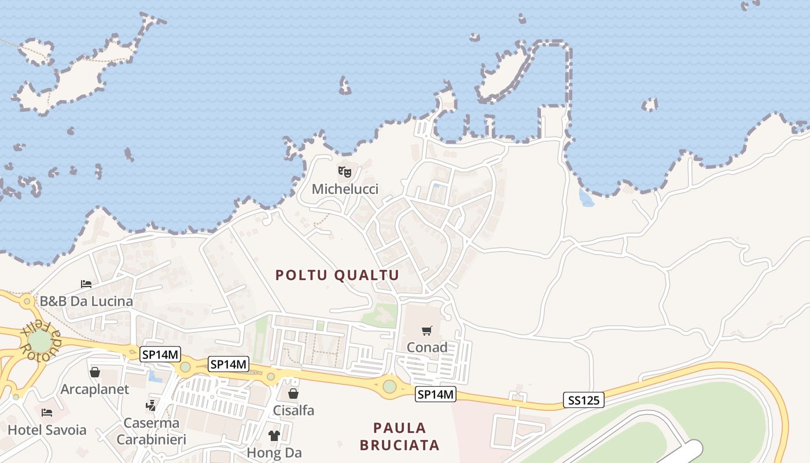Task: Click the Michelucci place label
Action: (x=345, y=189)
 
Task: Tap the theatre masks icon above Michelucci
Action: (x=345, y=171)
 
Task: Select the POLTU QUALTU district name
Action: (x=337, y=275)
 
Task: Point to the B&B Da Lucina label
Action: (x=86, y=301)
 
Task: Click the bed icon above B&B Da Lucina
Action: (x=86, y=284)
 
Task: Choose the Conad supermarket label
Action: (x=427, y=347)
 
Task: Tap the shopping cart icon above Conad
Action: (x=427, y=330)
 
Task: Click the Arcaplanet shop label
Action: (x=95, y=389)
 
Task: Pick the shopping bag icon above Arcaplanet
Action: (x=95, y=372)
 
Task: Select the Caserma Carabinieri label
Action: (x=152, y=431)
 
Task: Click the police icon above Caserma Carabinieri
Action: (x=152, y=406)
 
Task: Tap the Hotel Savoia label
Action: (x=47, y=430)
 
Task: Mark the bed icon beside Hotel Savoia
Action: (x=47, y=413)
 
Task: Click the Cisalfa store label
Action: (x=293, y=411)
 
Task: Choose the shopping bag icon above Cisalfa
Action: (x=293, y=394)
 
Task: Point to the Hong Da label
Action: (x=274, y=453)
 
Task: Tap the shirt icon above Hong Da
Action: (x=274, y=436)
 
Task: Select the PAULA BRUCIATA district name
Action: (x=400, y=436)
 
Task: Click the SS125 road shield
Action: (x=583, y=399)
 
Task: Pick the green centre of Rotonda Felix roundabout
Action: (x=39, y=341)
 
